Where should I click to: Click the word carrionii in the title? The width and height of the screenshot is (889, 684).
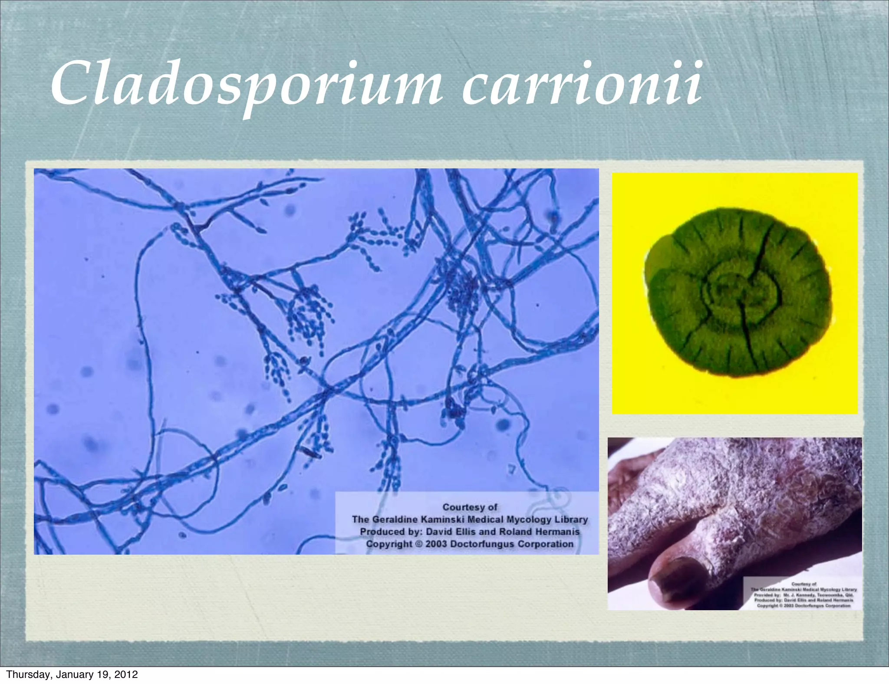click(x=582, y=85)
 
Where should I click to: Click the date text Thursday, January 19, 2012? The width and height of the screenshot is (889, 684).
click(x=72, y=674)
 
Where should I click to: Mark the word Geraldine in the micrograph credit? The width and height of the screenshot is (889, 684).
click(x=394, y=520)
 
